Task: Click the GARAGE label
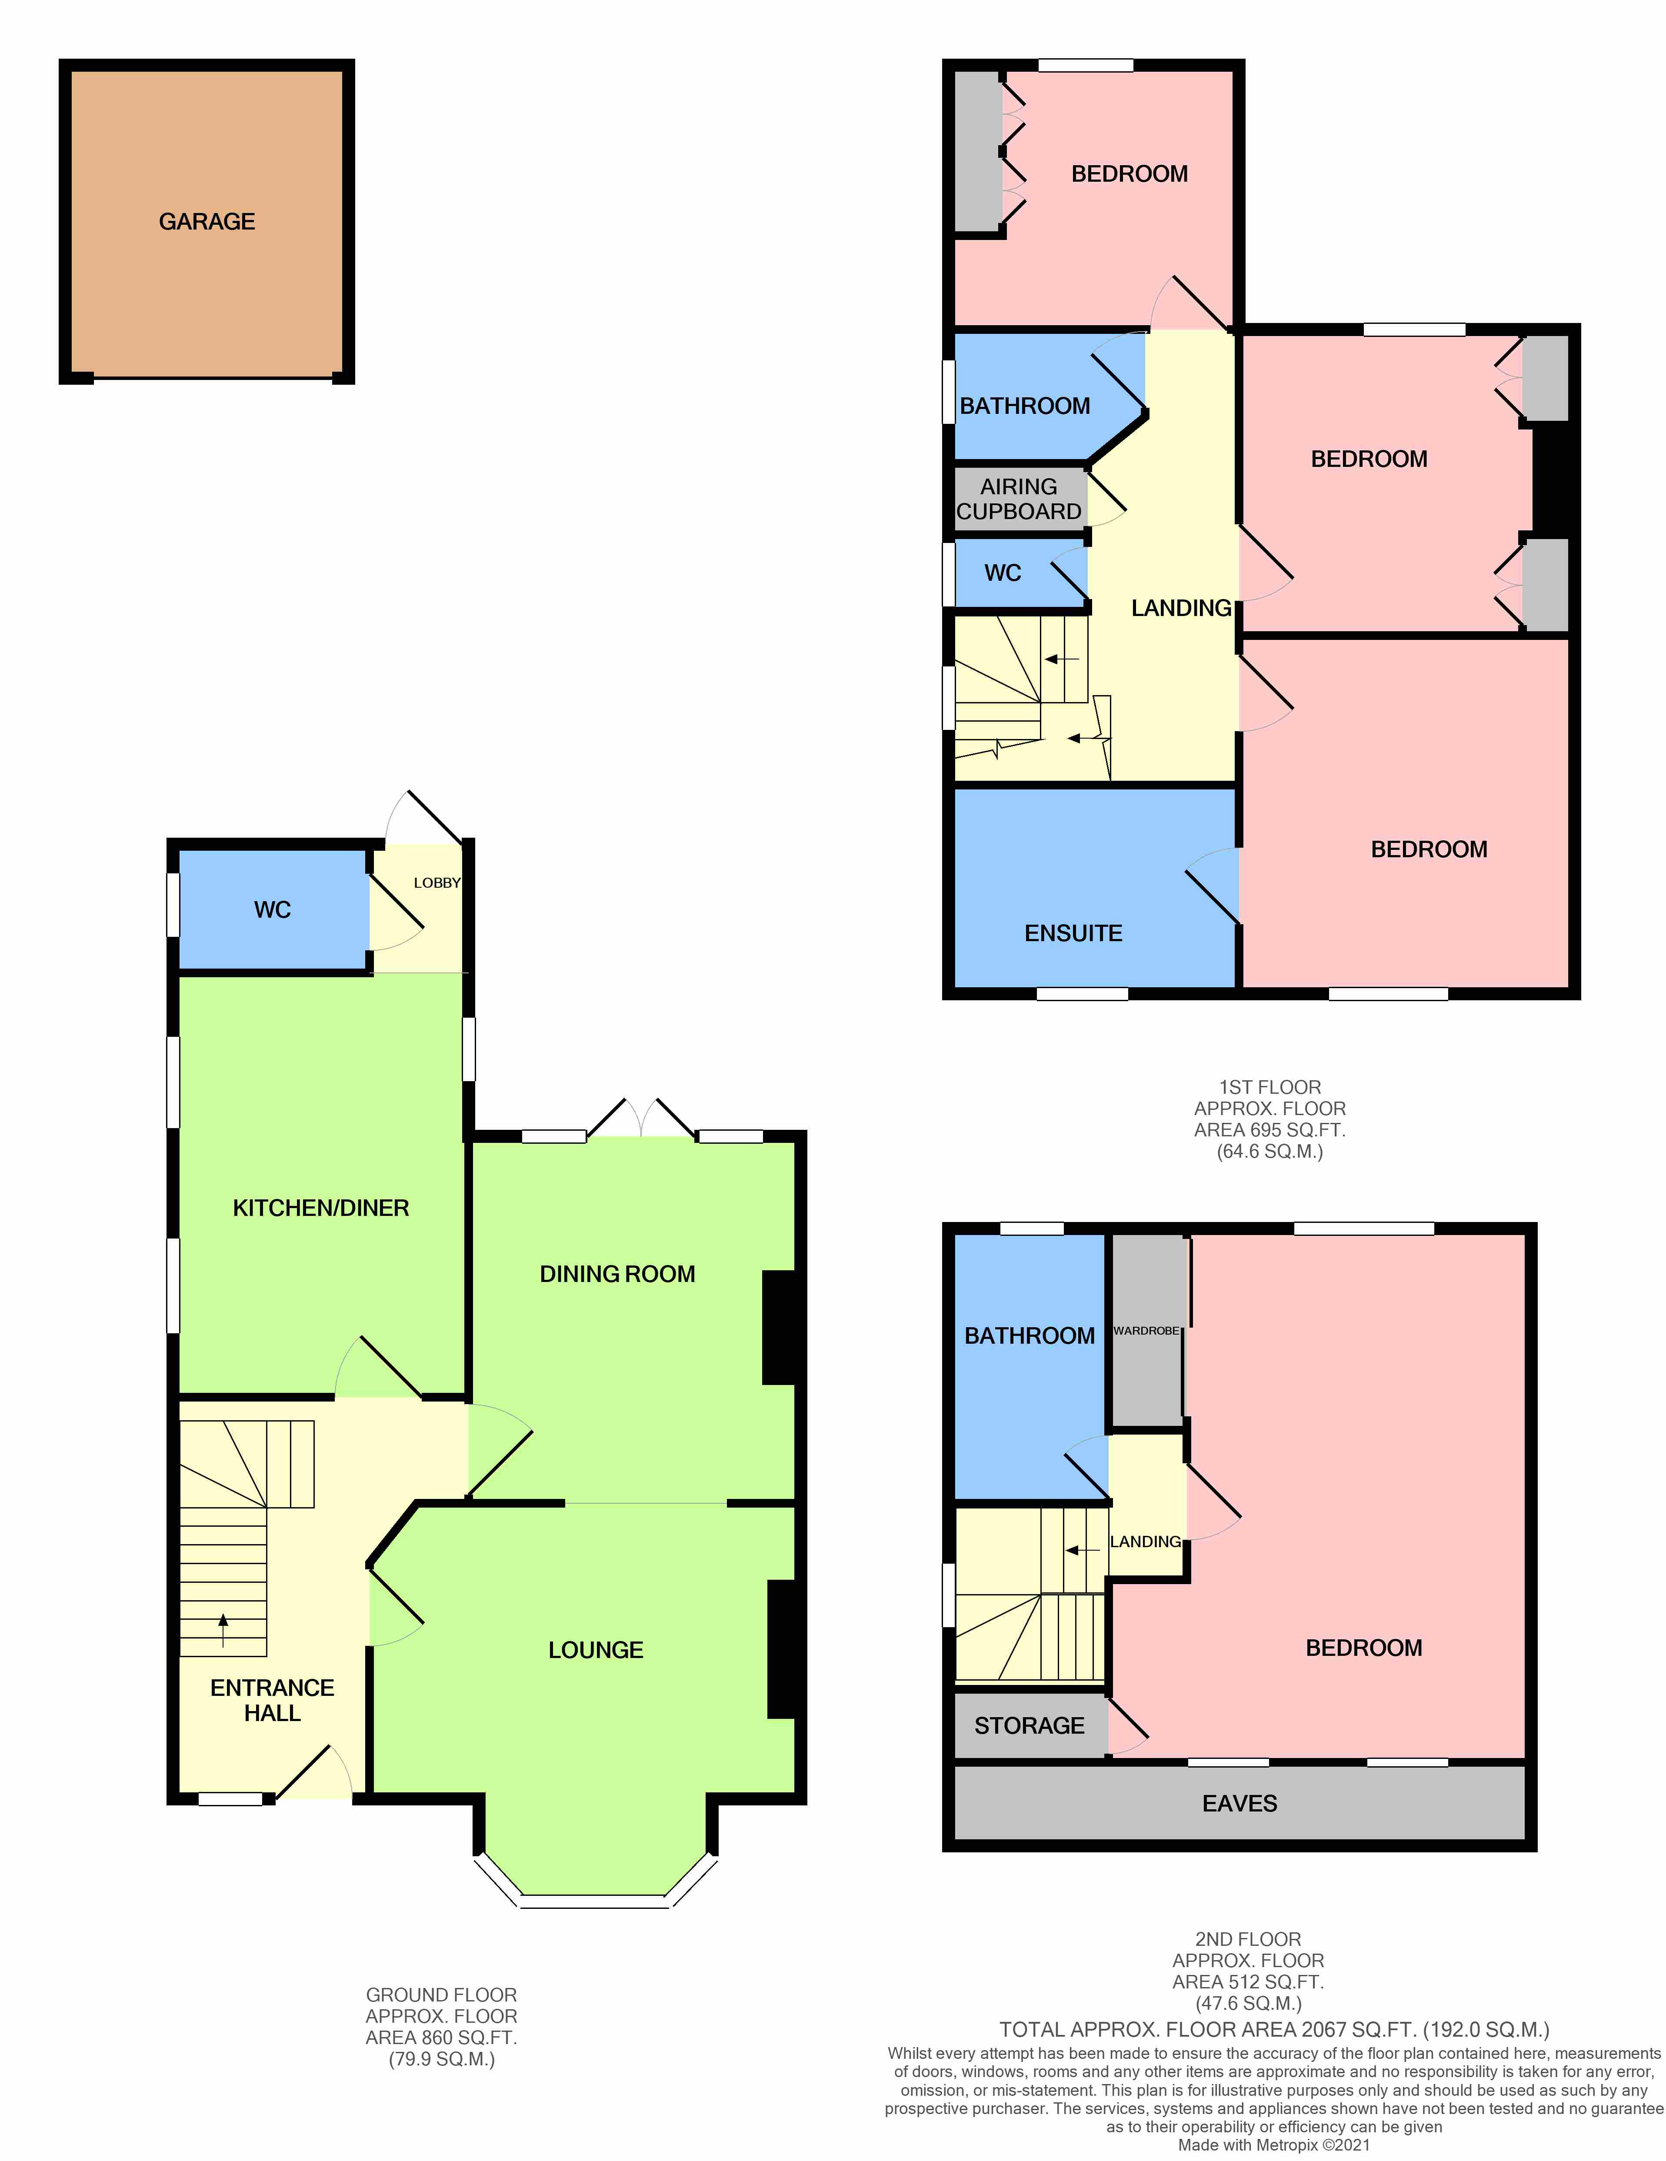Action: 207,222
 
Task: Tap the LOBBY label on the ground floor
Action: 436,882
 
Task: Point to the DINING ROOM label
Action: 617,1273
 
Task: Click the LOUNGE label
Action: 596,1649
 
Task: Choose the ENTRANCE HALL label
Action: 272,1700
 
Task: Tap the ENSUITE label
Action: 1073,933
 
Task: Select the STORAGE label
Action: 1029,1726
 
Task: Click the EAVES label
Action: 1240,1804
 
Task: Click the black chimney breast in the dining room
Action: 779,1327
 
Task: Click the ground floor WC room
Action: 272,909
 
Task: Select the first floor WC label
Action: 1002,573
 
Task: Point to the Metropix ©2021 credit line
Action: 1273,2145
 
